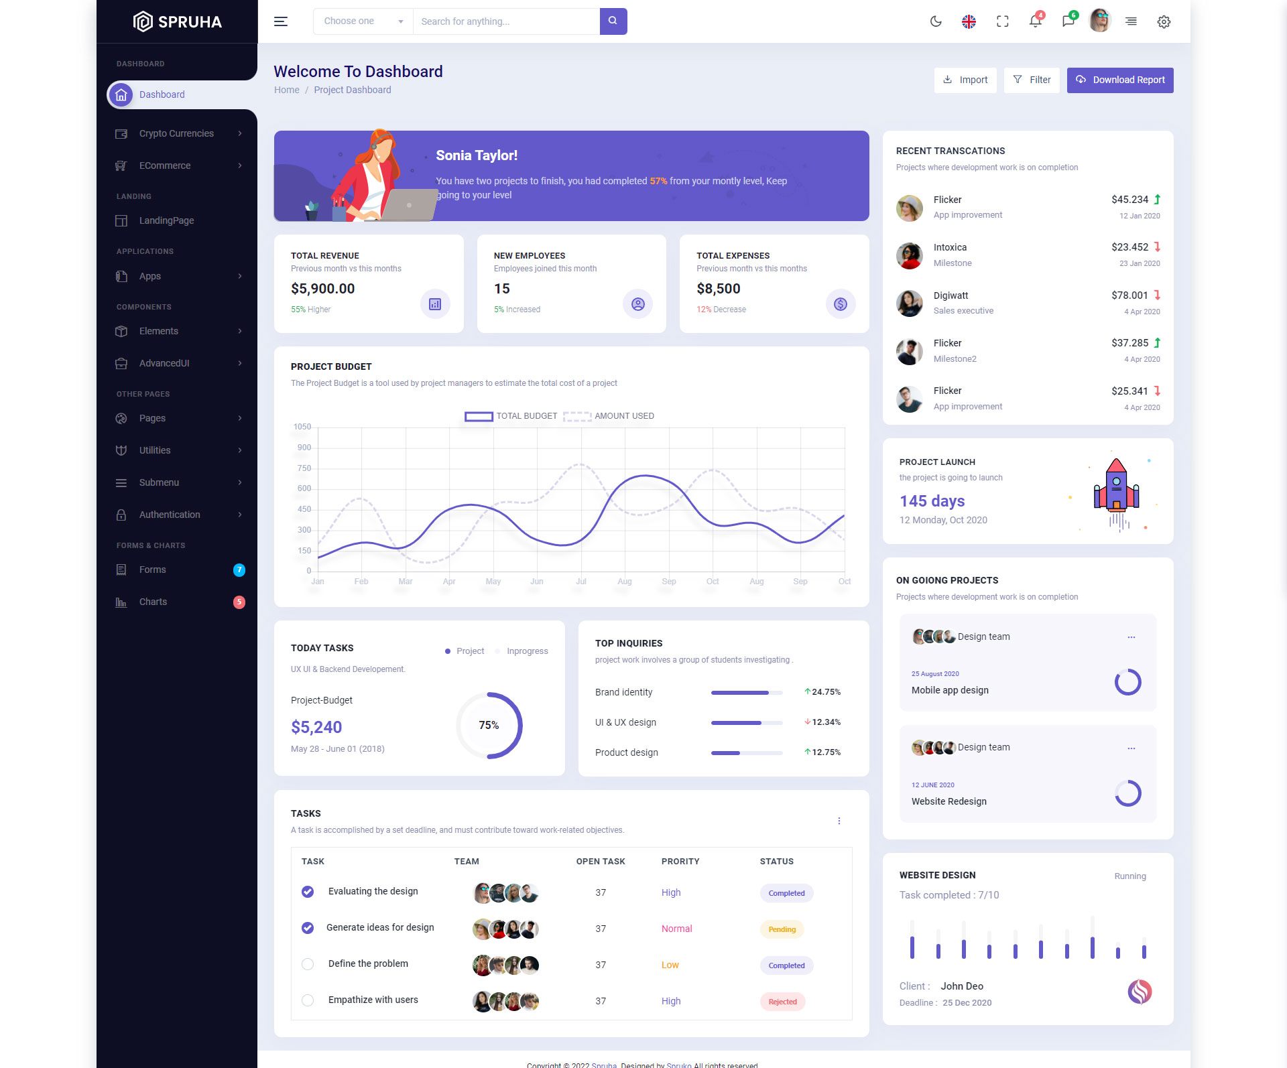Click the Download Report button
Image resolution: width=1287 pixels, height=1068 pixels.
point(1119,80)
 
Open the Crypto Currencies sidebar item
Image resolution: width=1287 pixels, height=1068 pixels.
point(176,134)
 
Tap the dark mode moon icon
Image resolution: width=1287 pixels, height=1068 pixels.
point(936,21)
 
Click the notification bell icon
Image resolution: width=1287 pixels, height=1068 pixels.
point(1035,21)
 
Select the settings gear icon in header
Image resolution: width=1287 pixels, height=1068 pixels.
point(1164,21)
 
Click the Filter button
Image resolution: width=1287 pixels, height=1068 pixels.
point(1032,80)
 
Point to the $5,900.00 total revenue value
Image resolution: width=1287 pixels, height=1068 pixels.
point(322,289)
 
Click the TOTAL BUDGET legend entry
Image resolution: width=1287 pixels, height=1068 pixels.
point(511,416)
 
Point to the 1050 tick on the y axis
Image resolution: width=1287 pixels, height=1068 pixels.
point(302,427)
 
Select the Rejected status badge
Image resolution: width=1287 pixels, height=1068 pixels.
point(782,1002)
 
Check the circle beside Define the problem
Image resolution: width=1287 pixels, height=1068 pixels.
point(308,964)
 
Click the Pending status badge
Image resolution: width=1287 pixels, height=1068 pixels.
point(782,929)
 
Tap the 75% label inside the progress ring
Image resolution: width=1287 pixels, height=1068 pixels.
point(489,725)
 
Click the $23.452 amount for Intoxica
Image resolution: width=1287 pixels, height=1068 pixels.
point(1129,247)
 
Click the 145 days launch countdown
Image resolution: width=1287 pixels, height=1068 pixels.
point(932,501)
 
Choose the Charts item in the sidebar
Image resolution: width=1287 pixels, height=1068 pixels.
point(153,602)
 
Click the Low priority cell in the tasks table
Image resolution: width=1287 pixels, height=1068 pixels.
point(670,965)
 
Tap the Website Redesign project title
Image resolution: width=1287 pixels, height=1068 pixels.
point(948,801)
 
